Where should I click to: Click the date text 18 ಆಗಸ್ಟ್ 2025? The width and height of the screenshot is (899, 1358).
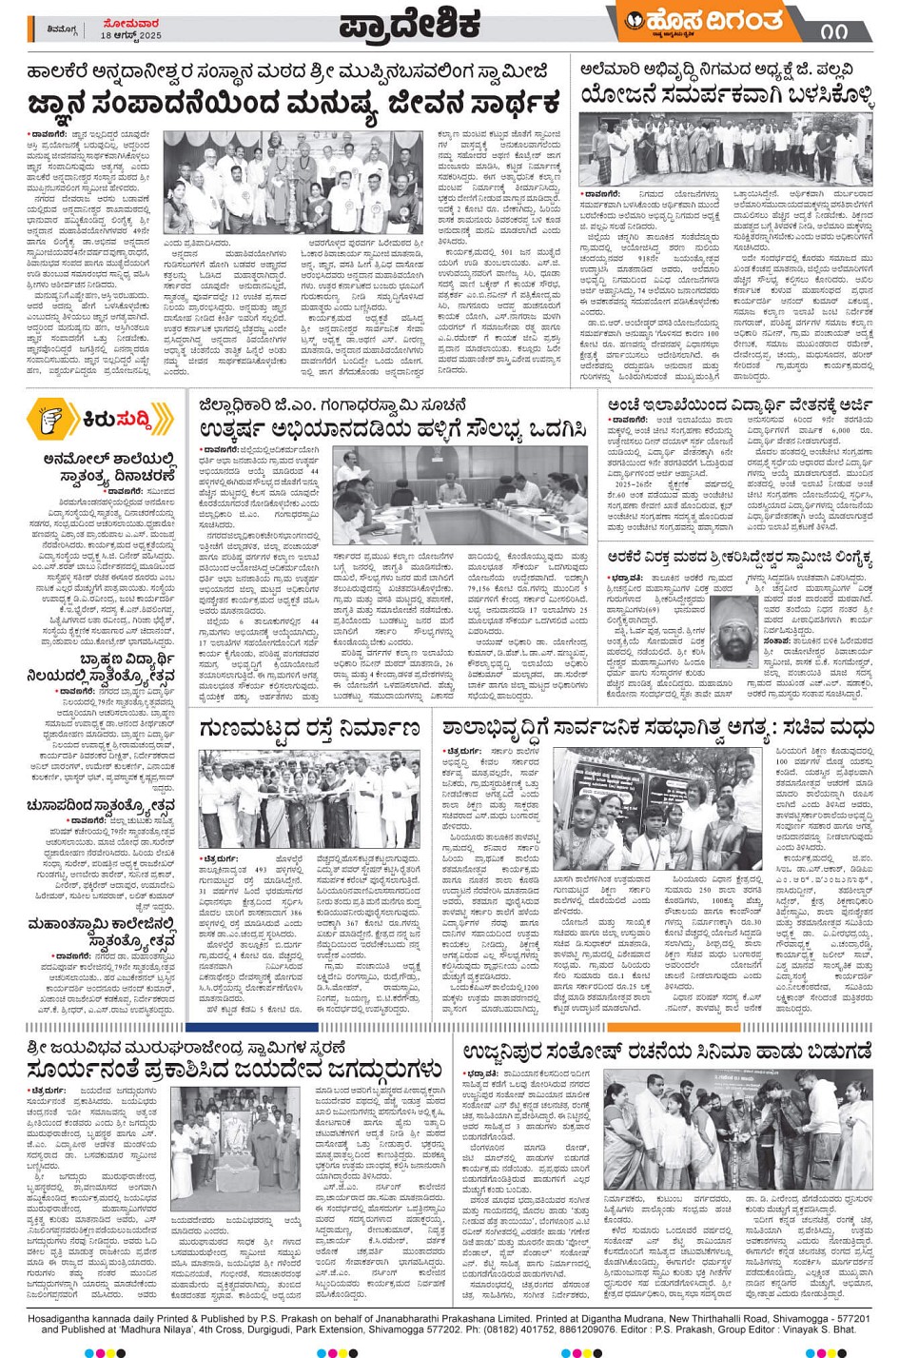pyautogui.click(x=131, y=35)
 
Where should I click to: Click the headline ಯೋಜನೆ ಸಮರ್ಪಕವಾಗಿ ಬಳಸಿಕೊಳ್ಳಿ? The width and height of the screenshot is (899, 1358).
pyautogui.click(x=726, y=95)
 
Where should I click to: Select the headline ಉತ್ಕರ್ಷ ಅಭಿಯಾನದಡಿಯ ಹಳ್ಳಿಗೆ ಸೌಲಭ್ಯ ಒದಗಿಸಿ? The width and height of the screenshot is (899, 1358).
pyautogui.click(x=393, y=431)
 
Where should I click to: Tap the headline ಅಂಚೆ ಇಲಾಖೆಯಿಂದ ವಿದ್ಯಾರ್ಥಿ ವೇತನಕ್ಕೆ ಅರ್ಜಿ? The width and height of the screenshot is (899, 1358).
pyautogui.click(x=739, y=406)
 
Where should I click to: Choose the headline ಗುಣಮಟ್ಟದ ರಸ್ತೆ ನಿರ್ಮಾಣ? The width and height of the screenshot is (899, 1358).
pyautogui.click(x=309, y=728)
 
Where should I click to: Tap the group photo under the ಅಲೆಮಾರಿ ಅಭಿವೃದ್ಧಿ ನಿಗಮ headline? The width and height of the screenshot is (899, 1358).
pyautogui.click(x=726, y=150)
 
